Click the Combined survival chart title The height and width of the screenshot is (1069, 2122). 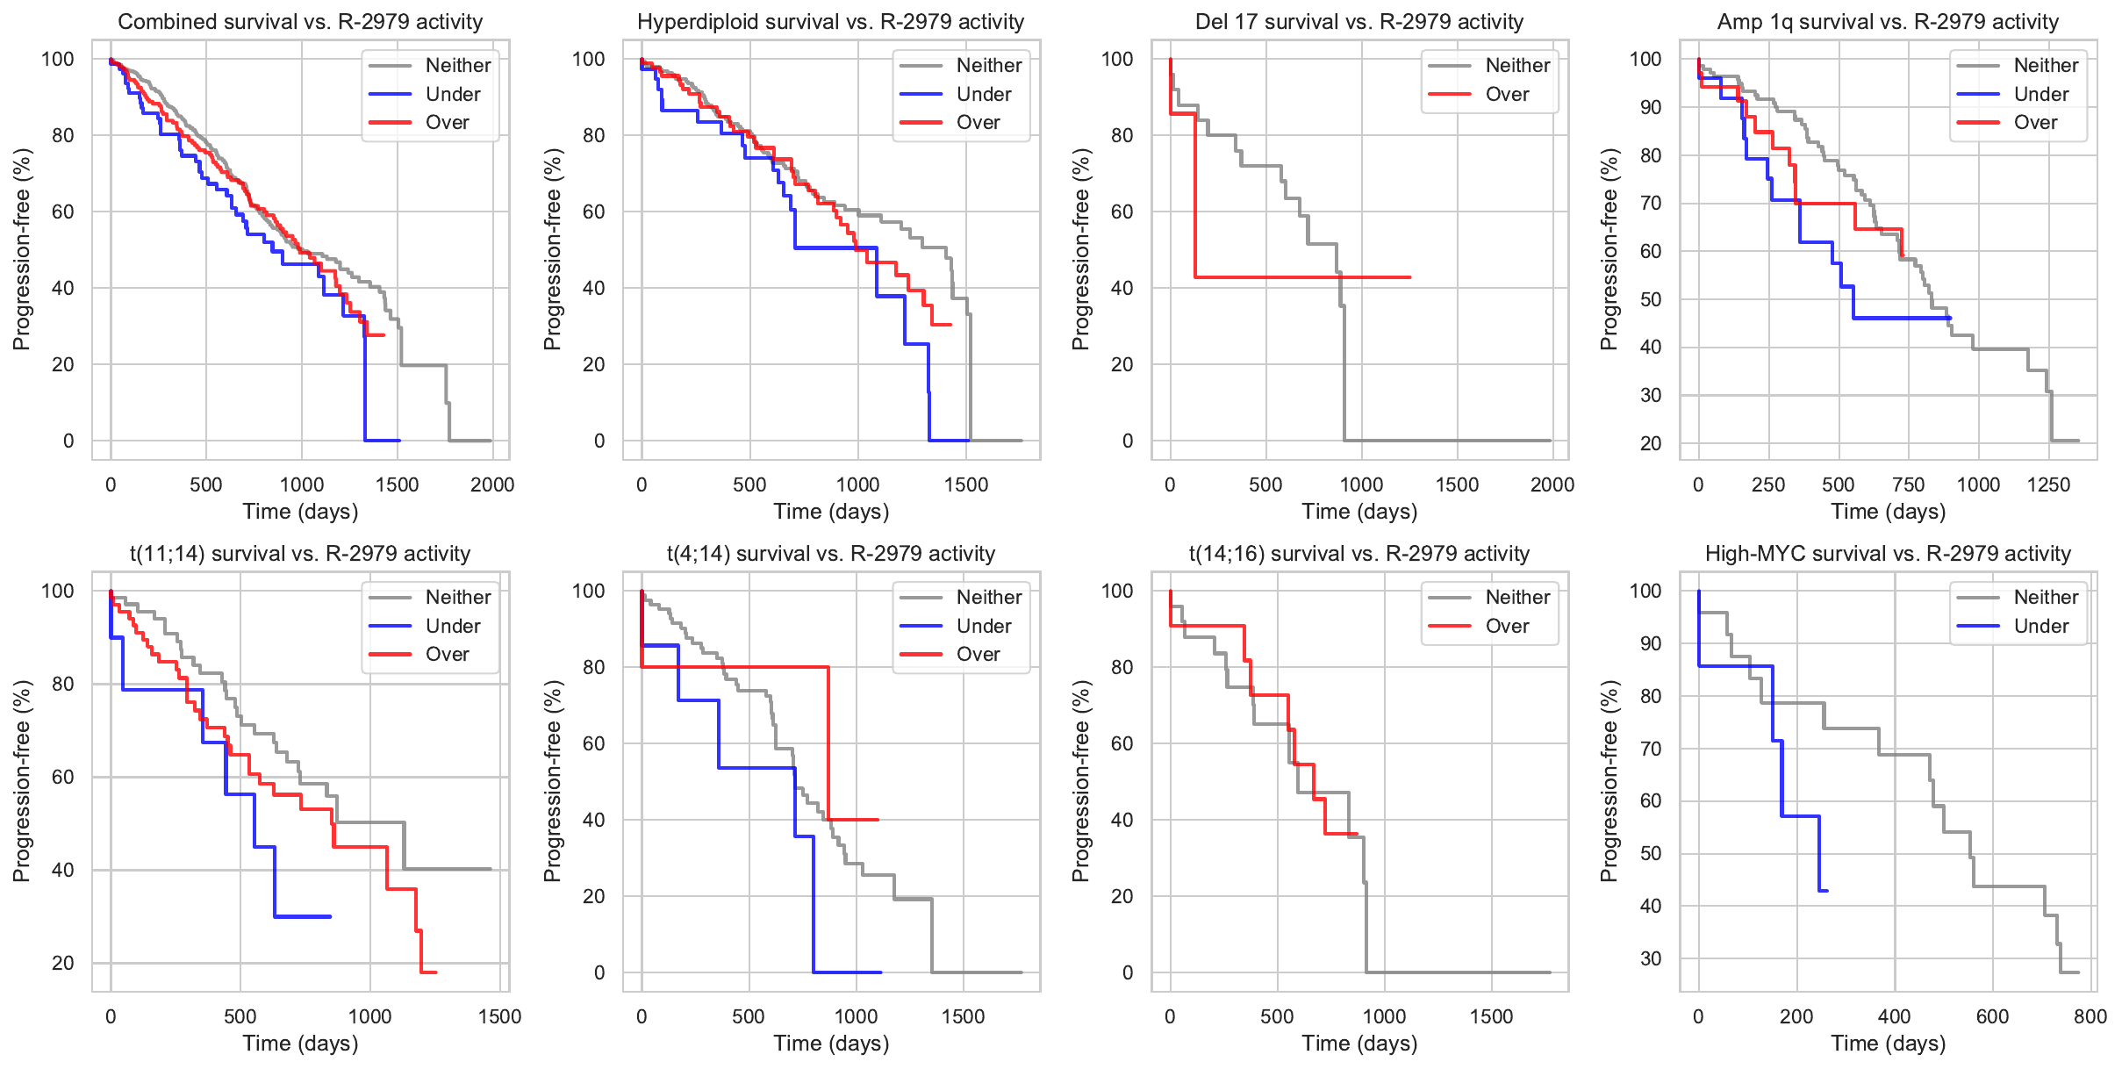click(x=300, y=22)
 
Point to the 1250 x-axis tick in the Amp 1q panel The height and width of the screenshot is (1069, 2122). click(x=2048, y=484)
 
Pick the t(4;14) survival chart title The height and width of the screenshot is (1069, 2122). click(x=830, y=554)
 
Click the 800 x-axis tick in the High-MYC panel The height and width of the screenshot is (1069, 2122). click(x=2090, y=1016)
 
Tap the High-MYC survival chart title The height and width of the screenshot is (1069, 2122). click(x=1888, y=554)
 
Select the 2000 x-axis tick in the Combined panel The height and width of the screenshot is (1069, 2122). click(x=492, y=484)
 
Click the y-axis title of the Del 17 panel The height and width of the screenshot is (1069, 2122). click(x=1081, y=249)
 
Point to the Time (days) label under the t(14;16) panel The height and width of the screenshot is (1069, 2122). click(x=1359, y=1043)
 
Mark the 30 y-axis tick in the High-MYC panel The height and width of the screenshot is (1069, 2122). click(x=1651, y=958)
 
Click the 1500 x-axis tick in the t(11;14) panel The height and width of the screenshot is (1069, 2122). click(x=499, y=1016)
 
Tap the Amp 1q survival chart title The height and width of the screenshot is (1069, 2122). click(x=1888, y=22)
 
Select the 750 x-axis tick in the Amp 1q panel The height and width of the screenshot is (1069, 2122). click(x=1908, y=484)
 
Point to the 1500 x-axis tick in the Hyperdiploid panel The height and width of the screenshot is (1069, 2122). click(x=966, y=484)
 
